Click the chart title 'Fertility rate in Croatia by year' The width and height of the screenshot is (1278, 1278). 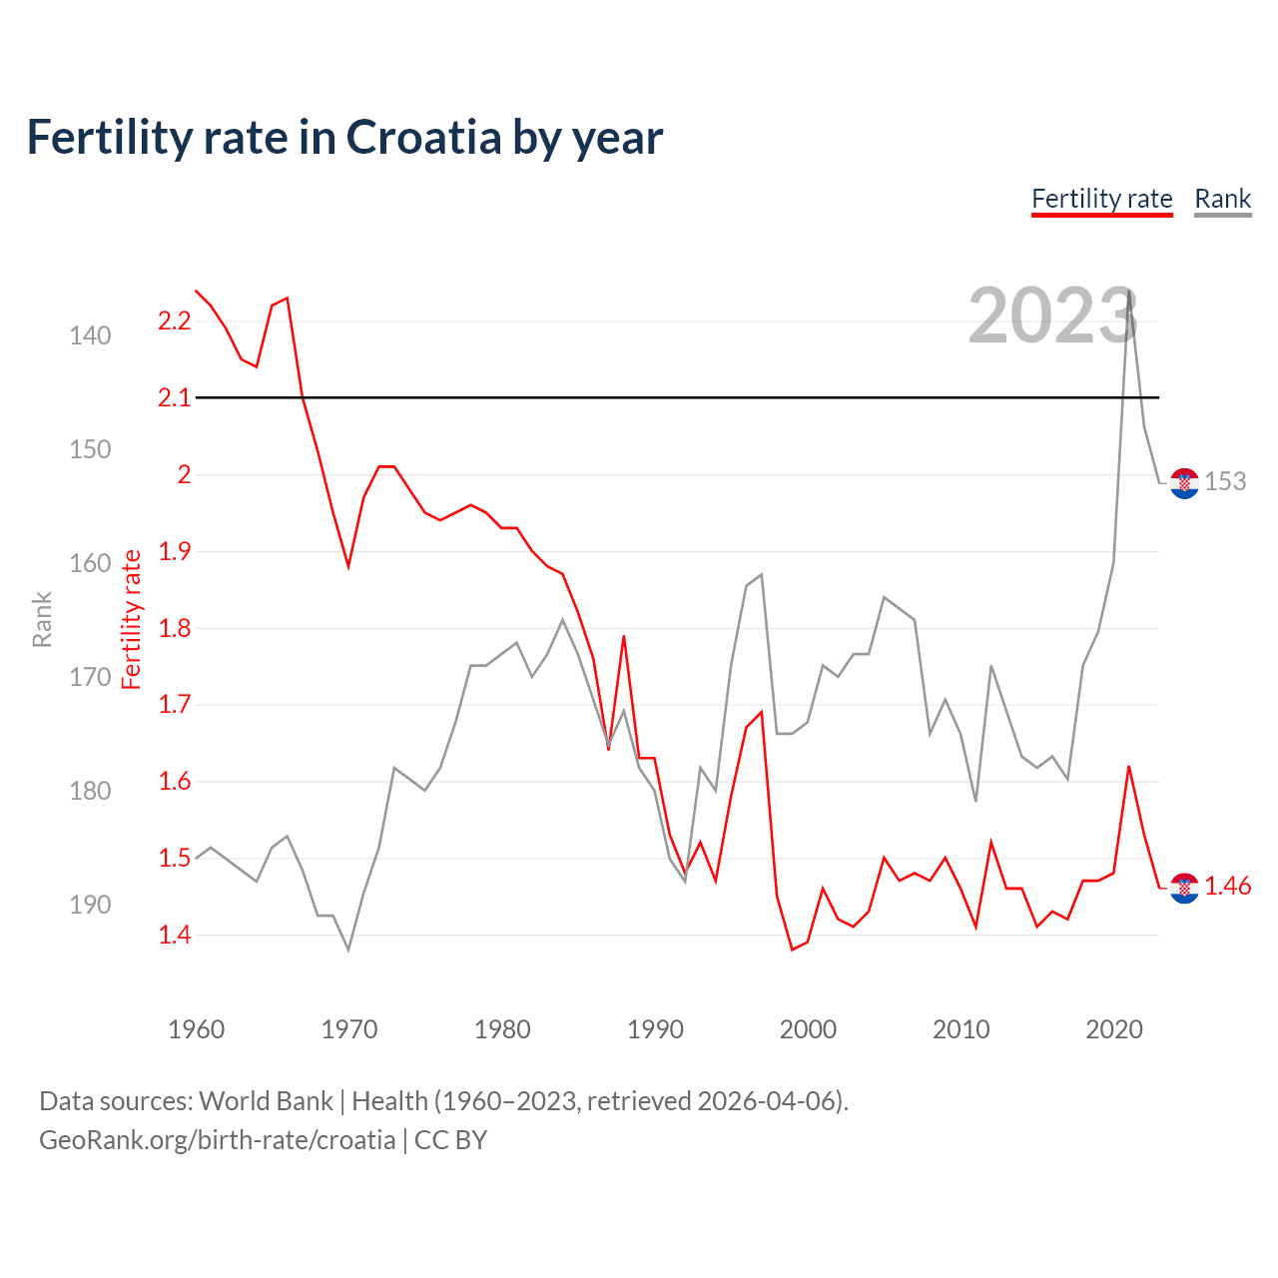[x=344, y=138]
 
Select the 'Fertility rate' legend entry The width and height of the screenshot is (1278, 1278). [x=1101, y=199]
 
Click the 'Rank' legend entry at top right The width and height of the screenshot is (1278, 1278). [x=1222, y=199]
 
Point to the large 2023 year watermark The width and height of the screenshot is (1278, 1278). [x=1052, y=317]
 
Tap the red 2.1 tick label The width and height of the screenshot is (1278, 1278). [x=174, y=397]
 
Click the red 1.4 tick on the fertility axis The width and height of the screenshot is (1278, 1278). [x=174, y=935]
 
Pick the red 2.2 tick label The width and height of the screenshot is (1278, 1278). [x=174, y=320]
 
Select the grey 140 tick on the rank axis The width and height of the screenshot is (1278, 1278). [x=90, y=335]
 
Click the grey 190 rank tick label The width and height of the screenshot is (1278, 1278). [x=90, y=905]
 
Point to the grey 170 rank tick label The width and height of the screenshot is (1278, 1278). [x=90, y=677]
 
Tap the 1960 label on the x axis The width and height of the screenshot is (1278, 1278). [x=196, y=1029]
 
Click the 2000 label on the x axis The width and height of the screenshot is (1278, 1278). [x=808, y=1029]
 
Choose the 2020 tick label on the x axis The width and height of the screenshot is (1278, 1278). [x=1113, y=1029]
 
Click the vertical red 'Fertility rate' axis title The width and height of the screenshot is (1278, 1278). [x=131, y=620]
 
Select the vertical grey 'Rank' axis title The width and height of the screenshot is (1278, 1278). [x=42, y=620]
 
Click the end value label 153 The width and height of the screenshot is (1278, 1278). [x=1225, y=481]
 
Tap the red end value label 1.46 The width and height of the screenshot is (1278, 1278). [x=1227, y=887]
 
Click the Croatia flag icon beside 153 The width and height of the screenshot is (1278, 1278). [x=1184, y=483]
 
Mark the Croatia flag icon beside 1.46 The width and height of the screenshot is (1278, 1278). [x=1184, y=888]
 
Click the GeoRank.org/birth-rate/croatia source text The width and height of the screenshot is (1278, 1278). [x=218, y=1140]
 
